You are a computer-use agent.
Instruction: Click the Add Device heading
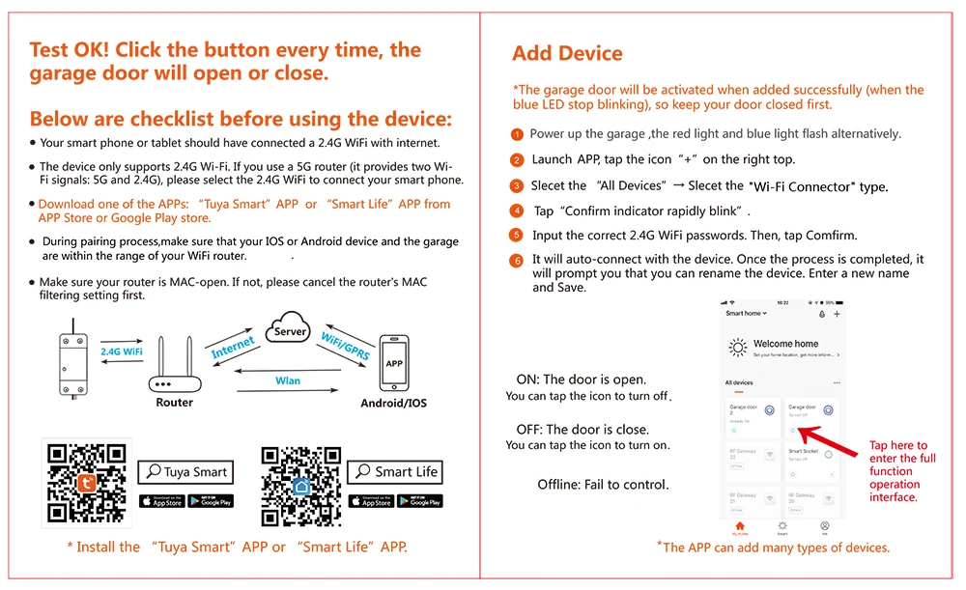click(567, 54)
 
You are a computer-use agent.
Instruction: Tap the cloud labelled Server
click(290, 329)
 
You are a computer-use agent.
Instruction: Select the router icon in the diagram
click(174, 367)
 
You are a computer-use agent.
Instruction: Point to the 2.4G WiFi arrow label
click(122, 352)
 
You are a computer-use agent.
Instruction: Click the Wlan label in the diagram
click(288, 381)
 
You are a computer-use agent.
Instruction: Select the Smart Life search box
click(396, 472)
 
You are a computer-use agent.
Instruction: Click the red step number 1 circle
click(518, 135)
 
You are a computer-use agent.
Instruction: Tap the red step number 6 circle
click(518, 261)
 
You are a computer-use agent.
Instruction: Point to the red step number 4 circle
click(518, 211)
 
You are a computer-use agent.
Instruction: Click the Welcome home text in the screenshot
click(785, 344)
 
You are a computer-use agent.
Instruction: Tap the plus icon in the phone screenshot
click(837, 314)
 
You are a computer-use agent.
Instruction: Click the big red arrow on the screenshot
click(832, 435)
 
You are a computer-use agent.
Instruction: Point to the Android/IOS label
click(393, 403)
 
